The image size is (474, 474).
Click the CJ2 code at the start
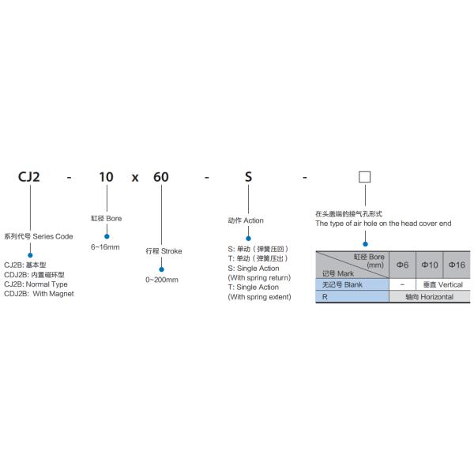[29, 177]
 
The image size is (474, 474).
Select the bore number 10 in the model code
[106, 177]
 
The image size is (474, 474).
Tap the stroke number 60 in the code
[161, 177]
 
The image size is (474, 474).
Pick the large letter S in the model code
[248, 177]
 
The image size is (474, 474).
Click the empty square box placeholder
[364, 177]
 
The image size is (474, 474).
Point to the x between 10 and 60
[135, 178]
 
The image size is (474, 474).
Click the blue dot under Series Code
[30, 255]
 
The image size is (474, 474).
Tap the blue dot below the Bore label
[107, 236]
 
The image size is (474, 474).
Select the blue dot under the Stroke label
[161, 269]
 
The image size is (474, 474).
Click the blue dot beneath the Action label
[248, 239]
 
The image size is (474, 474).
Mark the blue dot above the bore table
[365, 244]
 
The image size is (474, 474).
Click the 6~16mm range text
[105, 247]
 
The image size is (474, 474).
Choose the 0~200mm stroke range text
[162, 280]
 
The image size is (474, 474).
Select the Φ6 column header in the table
[402, 265]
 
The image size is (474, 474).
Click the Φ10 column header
[430, 265]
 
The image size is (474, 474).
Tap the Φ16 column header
[457, 265]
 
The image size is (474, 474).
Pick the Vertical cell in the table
[443, 284]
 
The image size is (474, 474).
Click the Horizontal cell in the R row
[430, 297]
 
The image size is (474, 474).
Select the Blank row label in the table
[342, 284]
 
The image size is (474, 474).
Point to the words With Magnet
[53, 294]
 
